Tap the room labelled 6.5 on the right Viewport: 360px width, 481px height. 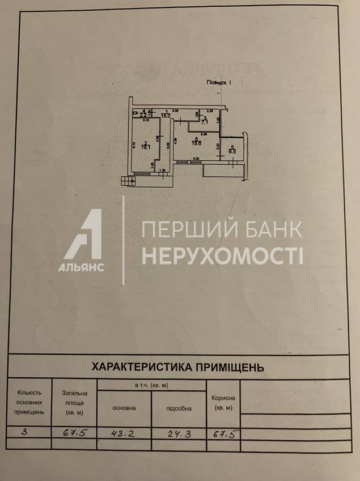(232, 150)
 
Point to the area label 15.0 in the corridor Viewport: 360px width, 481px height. (166, 115)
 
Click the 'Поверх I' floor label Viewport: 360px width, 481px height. (219, 83)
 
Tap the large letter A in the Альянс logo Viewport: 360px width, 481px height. (85, 235)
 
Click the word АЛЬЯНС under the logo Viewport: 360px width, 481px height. (81, 268)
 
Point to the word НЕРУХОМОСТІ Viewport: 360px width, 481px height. (222, 256)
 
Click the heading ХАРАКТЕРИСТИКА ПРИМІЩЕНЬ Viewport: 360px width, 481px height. (177, 367)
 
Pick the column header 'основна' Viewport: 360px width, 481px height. (124, 408)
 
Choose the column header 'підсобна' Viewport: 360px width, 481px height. (179, 408)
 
